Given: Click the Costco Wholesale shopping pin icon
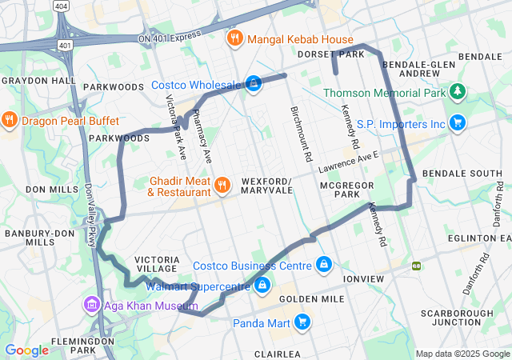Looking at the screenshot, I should click(254, 84).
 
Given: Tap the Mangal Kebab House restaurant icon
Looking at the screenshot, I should click(234, 38).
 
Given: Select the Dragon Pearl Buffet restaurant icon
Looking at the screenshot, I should click(10, 121).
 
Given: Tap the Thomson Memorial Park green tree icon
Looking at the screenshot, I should click(457, 93).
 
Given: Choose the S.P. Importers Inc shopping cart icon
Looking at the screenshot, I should click(457, 123).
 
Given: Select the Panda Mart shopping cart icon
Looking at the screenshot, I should click(302, 322).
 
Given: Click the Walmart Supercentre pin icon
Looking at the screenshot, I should click(262, 285).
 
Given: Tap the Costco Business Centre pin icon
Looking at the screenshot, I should click(323, 264).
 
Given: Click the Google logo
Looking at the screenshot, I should click(26, 350).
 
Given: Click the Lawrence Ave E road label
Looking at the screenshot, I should click(346, 165).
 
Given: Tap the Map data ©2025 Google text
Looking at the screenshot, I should click(462, 354).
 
